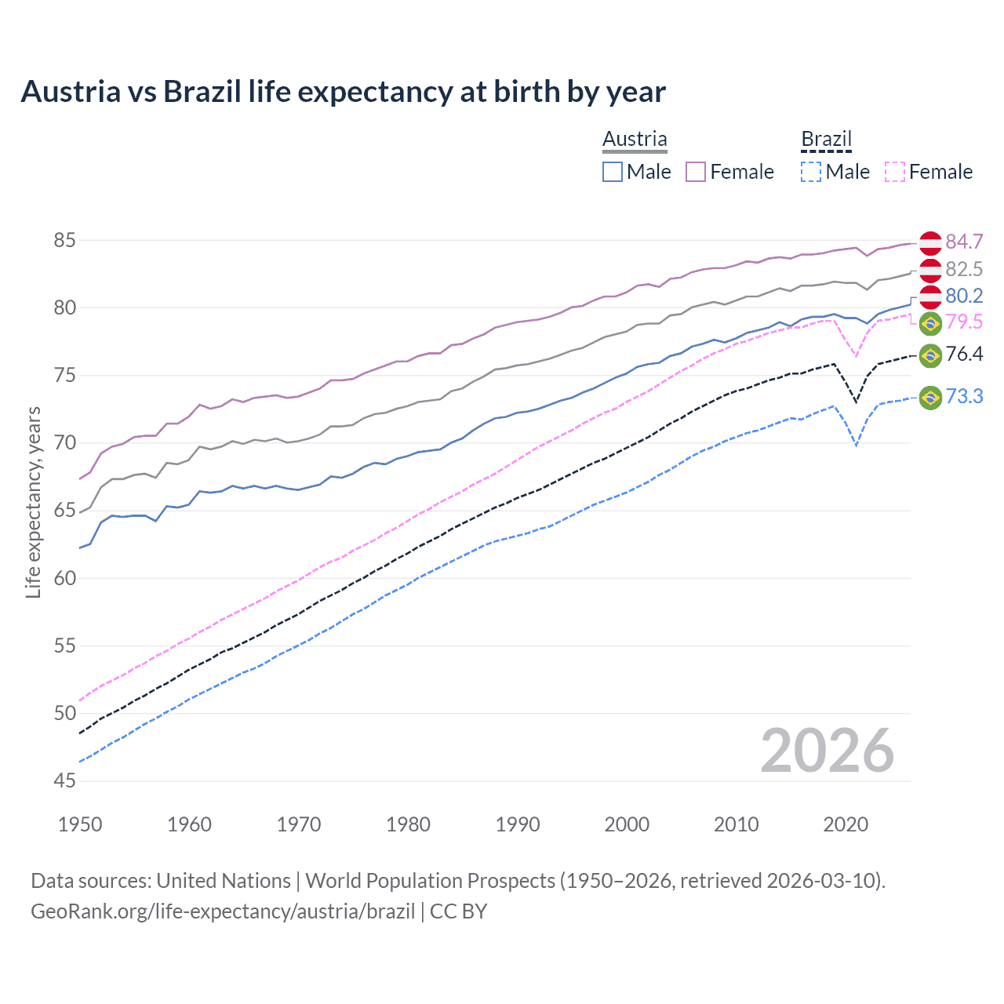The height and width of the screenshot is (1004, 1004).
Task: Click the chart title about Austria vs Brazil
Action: click(x=343, y=92)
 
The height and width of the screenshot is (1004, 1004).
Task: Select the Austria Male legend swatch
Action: click(x=613, y=172)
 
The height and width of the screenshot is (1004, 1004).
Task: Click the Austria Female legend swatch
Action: click(x=696, y=172)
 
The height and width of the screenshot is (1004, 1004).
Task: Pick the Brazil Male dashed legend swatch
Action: click(x=811, y=172)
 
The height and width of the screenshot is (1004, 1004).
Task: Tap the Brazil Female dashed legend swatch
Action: click(x=895, y=172)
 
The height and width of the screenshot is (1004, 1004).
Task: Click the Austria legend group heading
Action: click(x=635, y=139)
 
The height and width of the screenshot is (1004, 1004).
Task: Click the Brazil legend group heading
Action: click(x=826, y=140)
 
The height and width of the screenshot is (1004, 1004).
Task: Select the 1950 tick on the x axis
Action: click(x=80, y=824)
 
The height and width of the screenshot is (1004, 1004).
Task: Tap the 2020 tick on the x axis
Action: click(x=846, y=824)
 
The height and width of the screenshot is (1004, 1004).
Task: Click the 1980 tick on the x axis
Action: click(x=408, y=824)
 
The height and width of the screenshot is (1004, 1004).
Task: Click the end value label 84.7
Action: click(x=964, y=242)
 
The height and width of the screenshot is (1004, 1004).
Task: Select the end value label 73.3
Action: click(x=964, y=397)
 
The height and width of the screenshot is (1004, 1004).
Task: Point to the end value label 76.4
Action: click(x=964, y=355)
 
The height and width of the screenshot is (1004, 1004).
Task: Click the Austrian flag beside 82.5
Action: click(x=930, y=270)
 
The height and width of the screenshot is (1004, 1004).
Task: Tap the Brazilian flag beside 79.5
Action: click(x=930, y=322)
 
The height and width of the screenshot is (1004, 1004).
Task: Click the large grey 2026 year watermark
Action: click(x=828, y=751)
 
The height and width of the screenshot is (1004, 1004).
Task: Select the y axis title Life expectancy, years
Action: click(x=33, y=503)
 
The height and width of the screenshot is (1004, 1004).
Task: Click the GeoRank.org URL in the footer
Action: click(x=223, y=911)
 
